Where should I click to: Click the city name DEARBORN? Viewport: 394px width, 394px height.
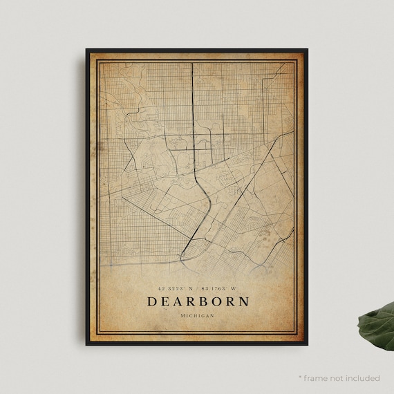pyautogui.click(x=197, y=301)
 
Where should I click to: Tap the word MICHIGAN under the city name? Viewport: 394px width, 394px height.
pyautogui.click(x=197, y=315)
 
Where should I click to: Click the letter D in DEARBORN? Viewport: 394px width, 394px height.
pyautogui.click(x=152, y=301)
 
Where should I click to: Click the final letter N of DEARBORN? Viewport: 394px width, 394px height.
pyautogui.click(x=243, y=301)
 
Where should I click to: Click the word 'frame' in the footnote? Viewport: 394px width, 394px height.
pyautogui.click(x=319, y=378)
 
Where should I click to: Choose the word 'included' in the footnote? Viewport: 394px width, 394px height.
pyautogui.click(x=364, y=378)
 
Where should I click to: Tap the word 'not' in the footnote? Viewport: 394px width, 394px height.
pyautogui.click(x=340, y=378)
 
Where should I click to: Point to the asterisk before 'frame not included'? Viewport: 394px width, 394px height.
pyautogui.click(x=301, y=377)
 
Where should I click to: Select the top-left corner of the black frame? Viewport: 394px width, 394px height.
pyautogui.click(x=87, y=50)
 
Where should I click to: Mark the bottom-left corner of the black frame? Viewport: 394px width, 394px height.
pyautogui.click(x=87, y=343)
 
